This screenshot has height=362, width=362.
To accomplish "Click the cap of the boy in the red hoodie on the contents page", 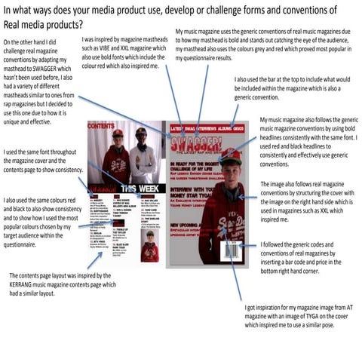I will [x=118, y=133].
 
